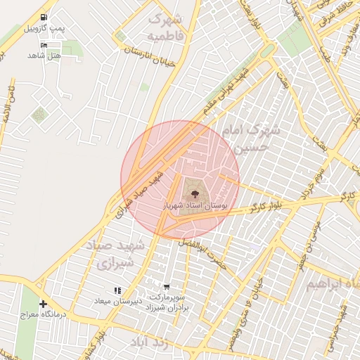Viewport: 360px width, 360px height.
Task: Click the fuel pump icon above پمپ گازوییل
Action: point(45,17)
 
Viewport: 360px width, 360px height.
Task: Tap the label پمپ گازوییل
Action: point(44,28)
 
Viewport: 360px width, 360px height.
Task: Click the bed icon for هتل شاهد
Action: point(45,45)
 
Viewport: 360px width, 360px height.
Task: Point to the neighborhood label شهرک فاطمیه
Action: point(167,26)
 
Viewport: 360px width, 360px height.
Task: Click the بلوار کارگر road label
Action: point(266,207)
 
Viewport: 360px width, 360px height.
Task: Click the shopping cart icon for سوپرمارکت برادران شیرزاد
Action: point(166,286)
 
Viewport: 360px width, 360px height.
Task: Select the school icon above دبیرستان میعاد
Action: point(117,290)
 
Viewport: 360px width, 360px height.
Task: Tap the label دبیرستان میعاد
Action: point(118,301)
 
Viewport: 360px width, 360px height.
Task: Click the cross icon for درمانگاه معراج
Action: point(44,304)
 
